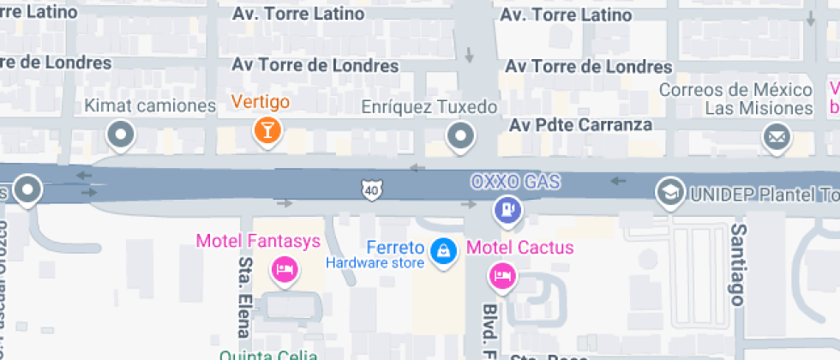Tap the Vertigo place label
(261, 102)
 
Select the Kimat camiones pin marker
(121, 134)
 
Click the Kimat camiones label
(150, 106)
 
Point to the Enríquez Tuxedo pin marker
(461, 135)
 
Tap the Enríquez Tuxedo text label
(429, 107)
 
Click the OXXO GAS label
(514, 182)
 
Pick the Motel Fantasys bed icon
(284, 271)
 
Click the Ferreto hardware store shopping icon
(443, 250)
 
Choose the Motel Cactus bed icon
(501, 275)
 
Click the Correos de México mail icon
(777, 135)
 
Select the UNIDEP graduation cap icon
(668, 191)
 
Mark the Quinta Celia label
(268, 355)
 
